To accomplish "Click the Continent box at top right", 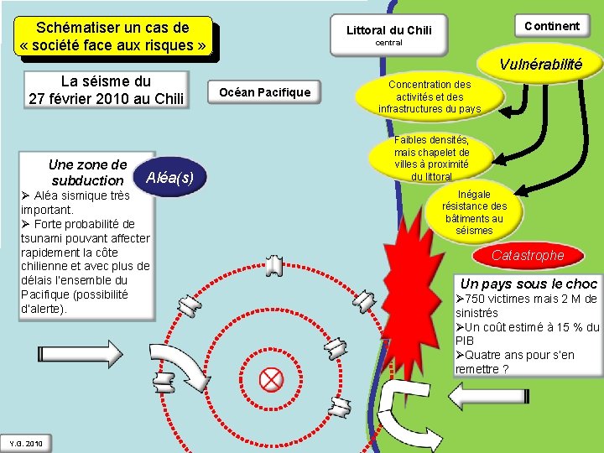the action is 551,26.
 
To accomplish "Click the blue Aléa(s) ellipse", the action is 169,177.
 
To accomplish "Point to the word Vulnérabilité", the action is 540,65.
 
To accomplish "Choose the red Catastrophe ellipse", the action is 528,255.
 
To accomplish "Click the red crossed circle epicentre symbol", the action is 271,380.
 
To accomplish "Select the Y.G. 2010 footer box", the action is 26,443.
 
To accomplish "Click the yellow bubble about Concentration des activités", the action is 430,96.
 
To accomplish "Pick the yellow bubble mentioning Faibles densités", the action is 431,158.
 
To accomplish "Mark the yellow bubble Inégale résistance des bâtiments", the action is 474,211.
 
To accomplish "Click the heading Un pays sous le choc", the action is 528,284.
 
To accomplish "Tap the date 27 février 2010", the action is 105,98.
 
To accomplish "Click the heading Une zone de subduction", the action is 87,172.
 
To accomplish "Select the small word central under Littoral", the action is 388,43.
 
